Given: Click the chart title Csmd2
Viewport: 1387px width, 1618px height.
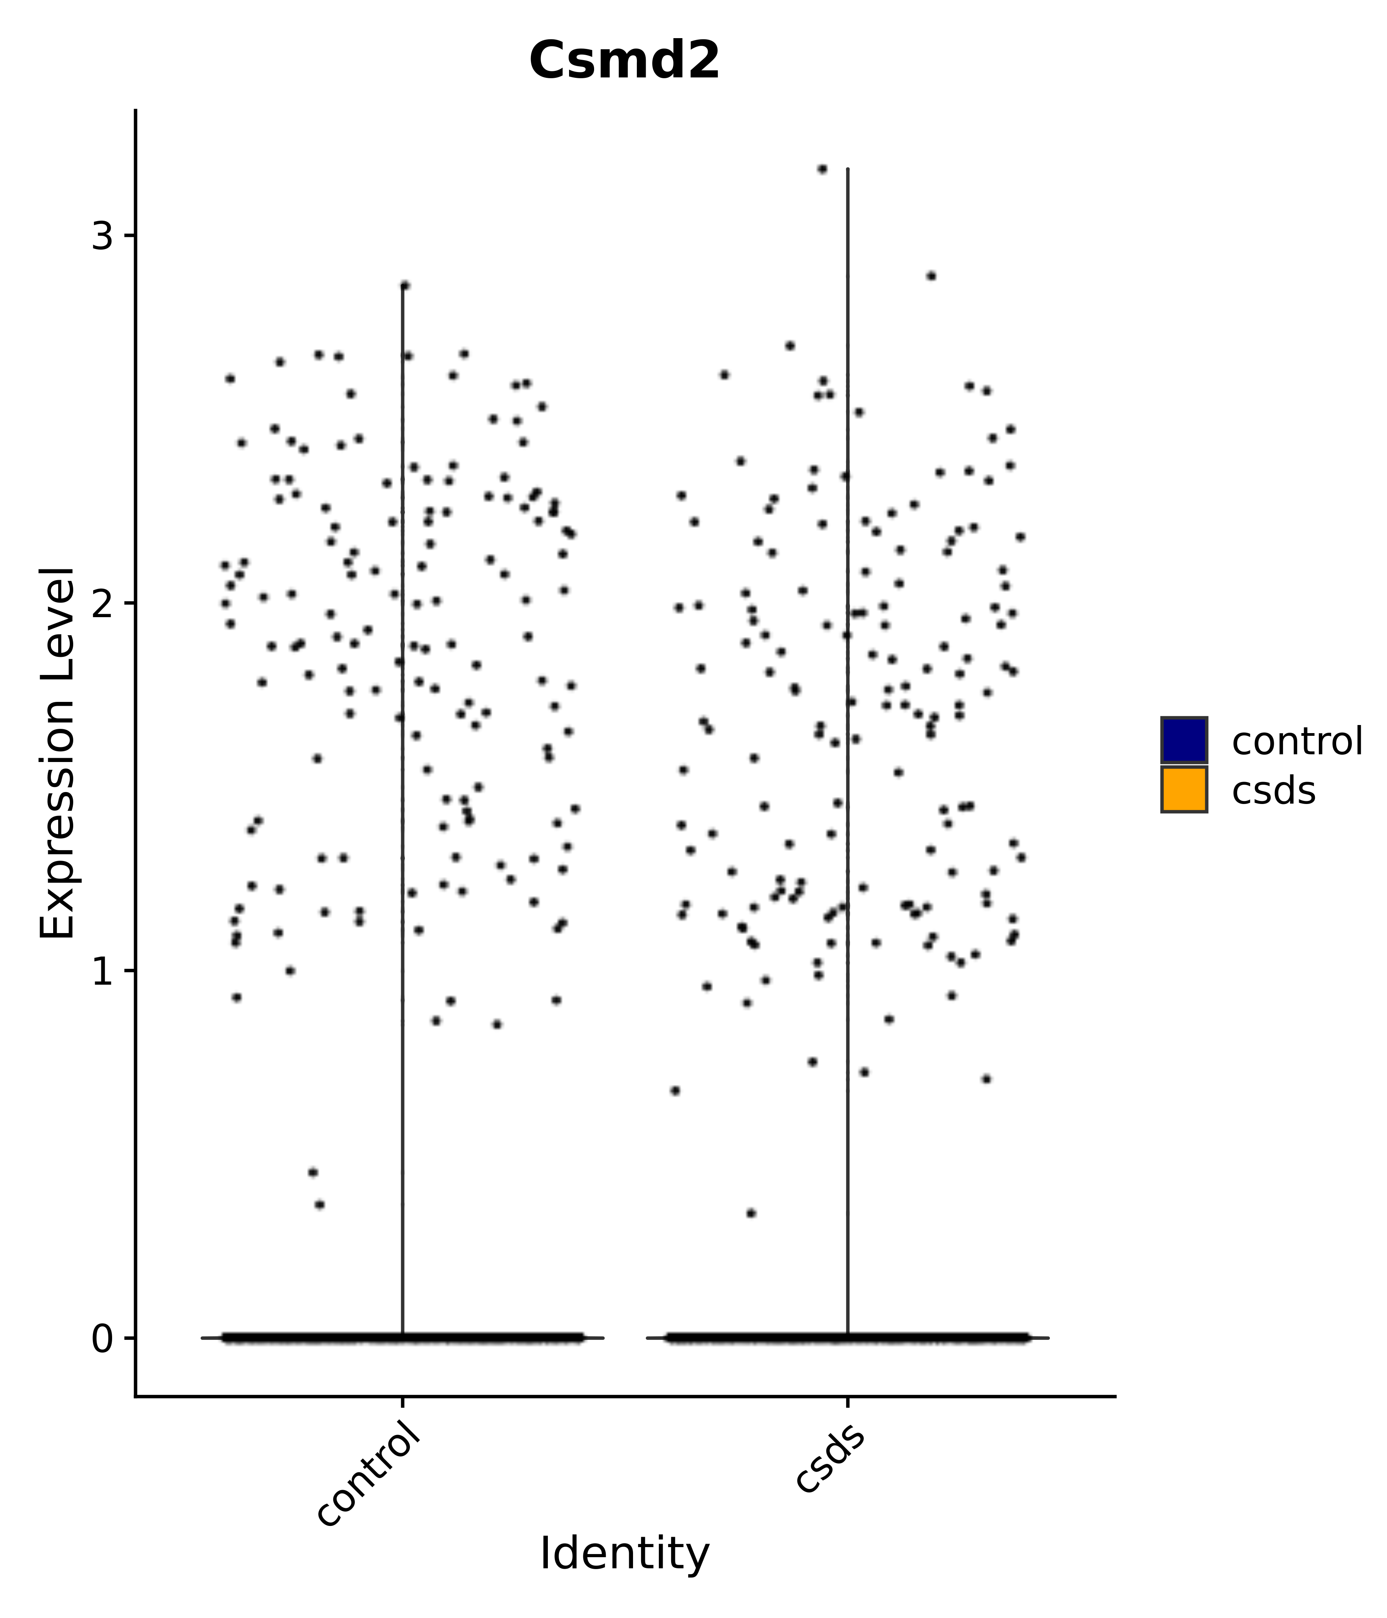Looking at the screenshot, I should coord(624,61).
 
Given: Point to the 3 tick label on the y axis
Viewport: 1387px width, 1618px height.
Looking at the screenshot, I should coord(102,236).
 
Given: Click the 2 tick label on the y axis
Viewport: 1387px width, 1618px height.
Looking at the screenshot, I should coord(102,604).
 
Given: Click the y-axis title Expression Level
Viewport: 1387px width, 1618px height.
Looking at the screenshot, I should coord(58,754).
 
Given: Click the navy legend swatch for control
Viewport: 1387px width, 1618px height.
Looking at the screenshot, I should coord(1183,740).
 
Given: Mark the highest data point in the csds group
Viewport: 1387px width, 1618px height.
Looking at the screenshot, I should coord(821,169).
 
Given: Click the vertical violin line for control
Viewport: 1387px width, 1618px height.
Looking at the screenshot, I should coord(402,781).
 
